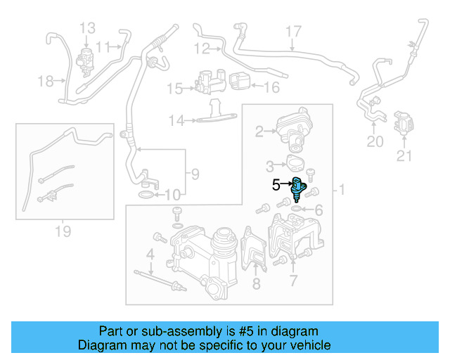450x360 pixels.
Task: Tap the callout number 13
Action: click(x=87, y=28)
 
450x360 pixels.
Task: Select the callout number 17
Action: click(x=292, y=32)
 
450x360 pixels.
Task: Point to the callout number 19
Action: click(x=63, y=231)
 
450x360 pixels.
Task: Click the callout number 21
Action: click(x=404, y=156)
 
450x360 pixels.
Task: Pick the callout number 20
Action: click(x=375, y=142)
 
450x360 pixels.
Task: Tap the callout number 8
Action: click(x=255, y=284)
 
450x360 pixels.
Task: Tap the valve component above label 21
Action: click(x=403, y=124)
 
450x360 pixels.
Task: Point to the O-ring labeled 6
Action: click(x=298, y=208)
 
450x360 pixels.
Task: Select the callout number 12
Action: click(x=202, y=49)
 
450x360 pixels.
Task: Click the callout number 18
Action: click(x=46, y=82)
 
